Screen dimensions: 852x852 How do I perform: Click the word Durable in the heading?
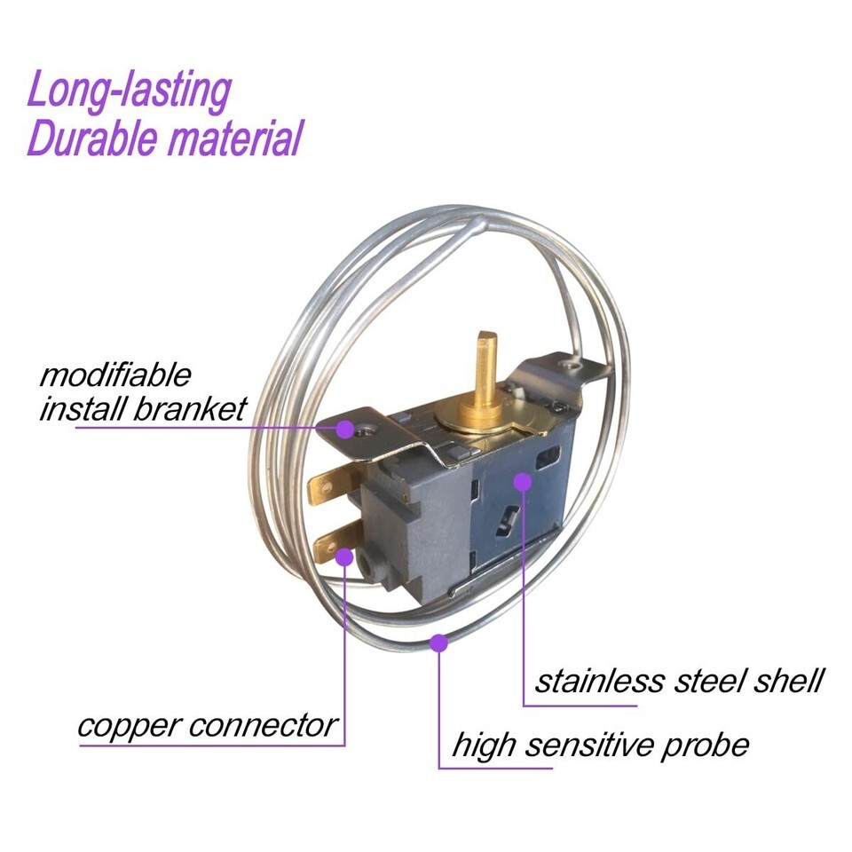pos(91,138)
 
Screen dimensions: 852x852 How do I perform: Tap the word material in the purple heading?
pos(234,138)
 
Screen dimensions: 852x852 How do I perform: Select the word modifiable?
pos(115,375)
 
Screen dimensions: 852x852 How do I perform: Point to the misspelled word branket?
pos(190,409)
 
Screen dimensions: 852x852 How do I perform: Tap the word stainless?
pos(600,681)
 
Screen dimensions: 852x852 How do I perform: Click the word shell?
pos(788,681)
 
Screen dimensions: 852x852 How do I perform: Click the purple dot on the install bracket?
pos(344,429)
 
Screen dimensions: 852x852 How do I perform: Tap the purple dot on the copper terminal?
pos(344,556)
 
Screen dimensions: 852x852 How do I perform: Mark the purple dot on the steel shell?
pos(522,481)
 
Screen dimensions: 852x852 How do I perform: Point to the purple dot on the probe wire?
pos(438,643)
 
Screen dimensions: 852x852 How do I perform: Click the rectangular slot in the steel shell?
pos(548,457)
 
